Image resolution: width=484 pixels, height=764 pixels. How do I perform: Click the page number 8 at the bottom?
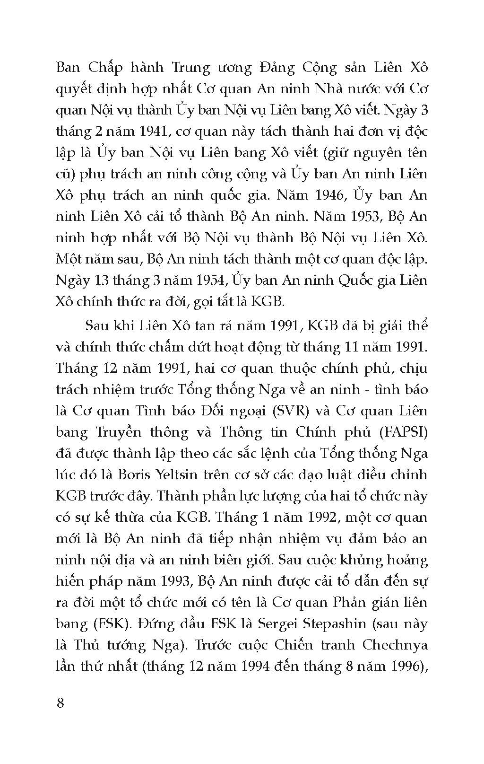coord(60,703)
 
